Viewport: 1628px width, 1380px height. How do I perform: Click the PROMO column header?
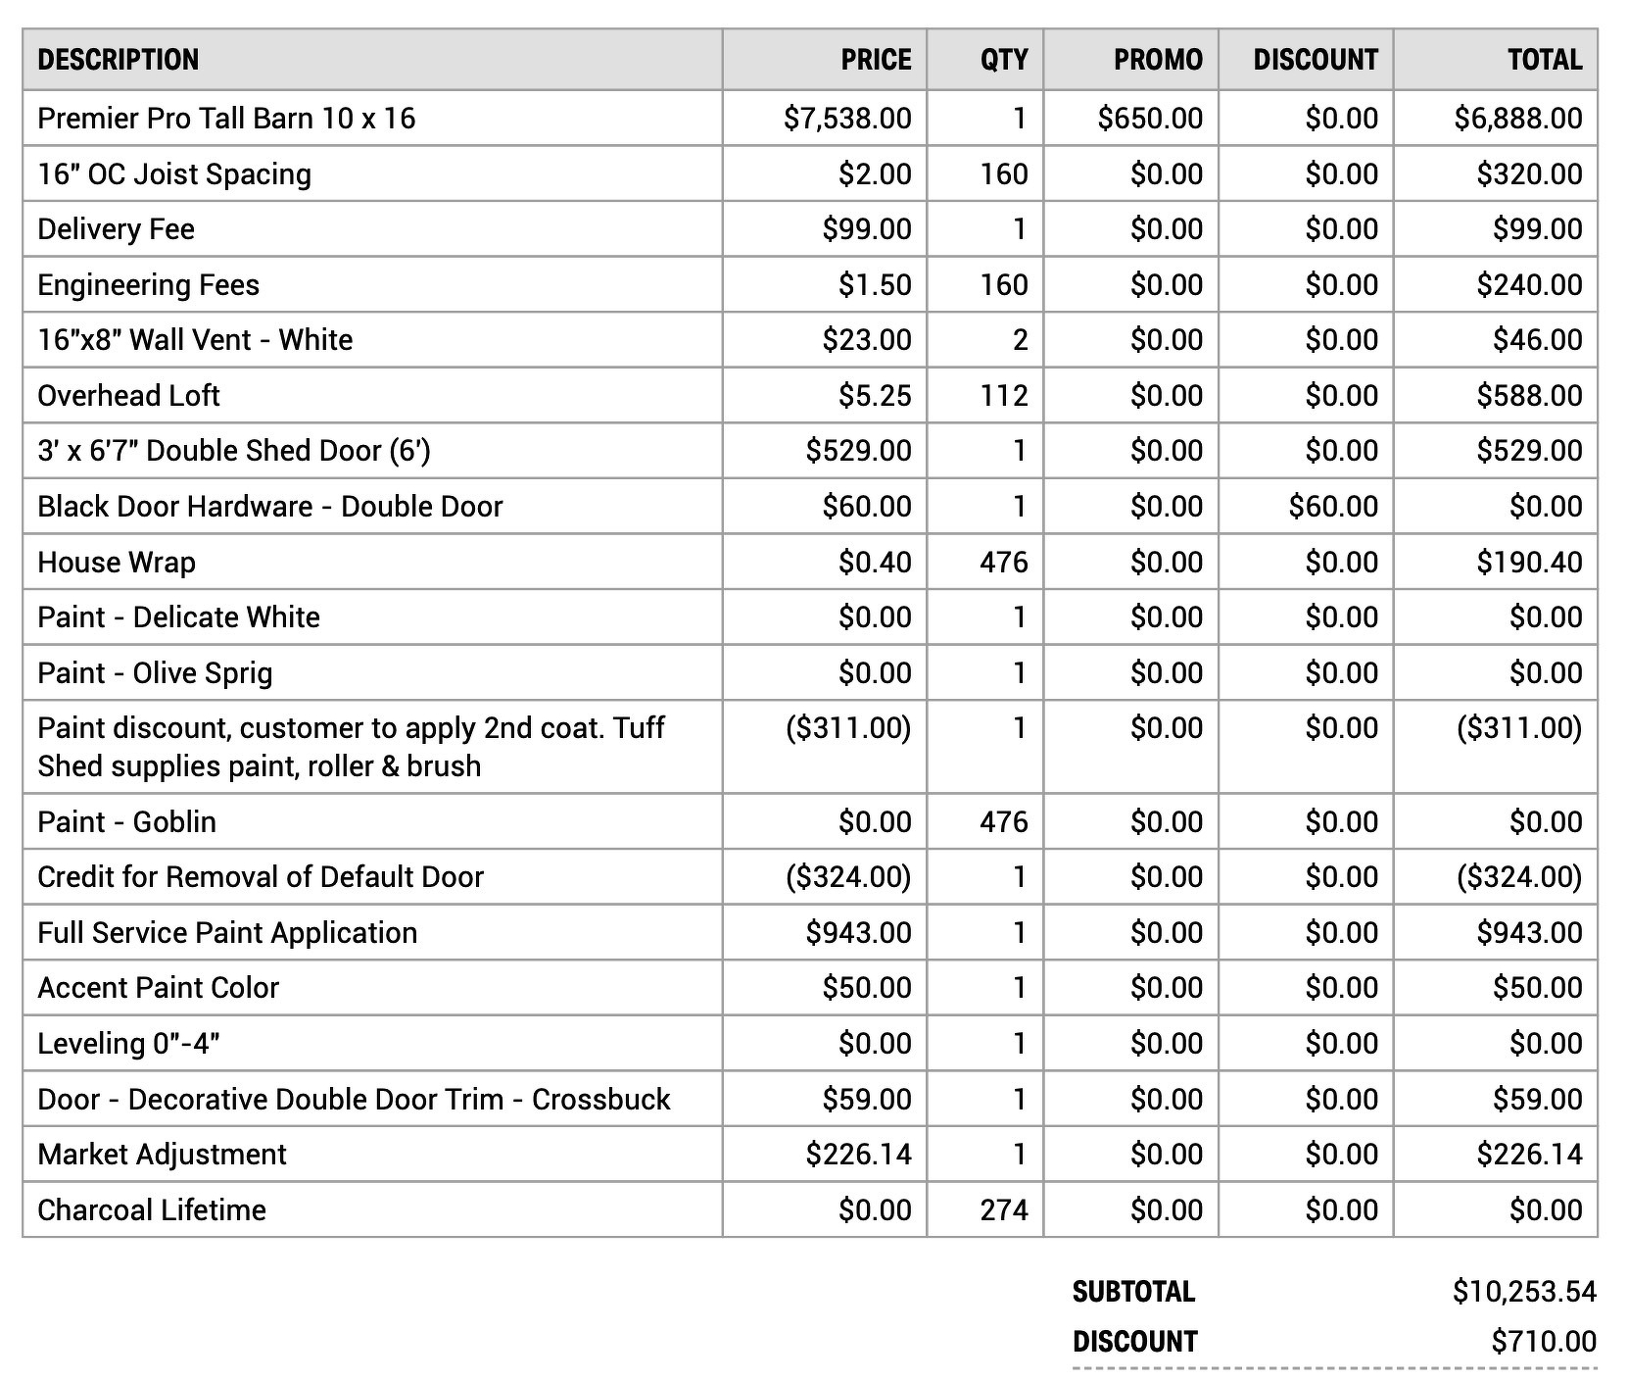point(1157,60)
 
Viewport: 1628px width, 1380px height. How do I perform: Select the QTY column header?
point(1004,60)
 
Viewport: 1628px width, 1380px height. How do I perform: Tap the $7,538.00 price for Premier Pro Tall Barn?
point(847,119)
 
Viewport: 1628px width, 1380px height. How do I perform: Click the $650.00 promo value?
point(1149,119)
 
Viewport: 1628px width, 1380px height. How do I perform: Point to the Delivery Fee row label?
point(116,229)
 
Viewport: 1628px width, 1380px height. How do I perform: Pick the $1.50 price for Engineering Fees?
point(874,285)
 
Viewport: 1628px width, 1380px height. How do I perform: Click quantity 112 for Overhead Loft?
point(1004,396)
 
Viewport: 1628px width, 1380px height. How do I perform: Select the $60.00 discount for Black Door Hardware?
point(1332,507)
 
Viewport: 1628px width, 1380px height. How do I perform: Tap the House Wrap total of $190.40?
point(1528,563)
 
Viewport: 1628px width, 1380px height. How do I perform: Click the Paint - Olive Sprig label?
point(155,673)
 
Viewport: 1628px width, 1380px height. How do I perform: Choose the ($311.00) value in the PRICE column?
point(847,728)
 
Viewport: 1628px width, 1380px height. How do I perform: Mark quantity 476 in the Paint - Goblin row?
point(1004,822)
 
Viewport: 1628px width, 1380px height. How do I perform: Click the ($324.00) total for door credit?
point(1518,877)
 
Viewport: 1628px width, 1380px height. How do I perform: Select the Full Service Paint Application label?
point(227,933)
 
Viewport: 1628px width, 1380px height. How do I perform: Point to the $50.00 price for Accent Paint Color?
point(866,988)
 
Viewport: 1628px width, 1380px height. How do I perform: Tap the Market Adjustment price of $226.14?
point(858,1155)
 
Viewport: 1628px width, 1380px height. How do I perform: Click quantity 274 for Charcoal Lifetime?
point(1004,1210)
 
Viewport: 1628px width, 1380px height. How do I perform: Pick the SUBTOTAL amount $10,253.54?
point(1524,1292)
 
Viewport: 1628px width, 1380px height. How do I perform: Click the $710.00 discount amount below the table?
point(1543,1342)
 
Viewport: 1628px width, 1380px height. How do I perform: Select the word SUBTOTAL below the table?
point(1133,1292)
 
